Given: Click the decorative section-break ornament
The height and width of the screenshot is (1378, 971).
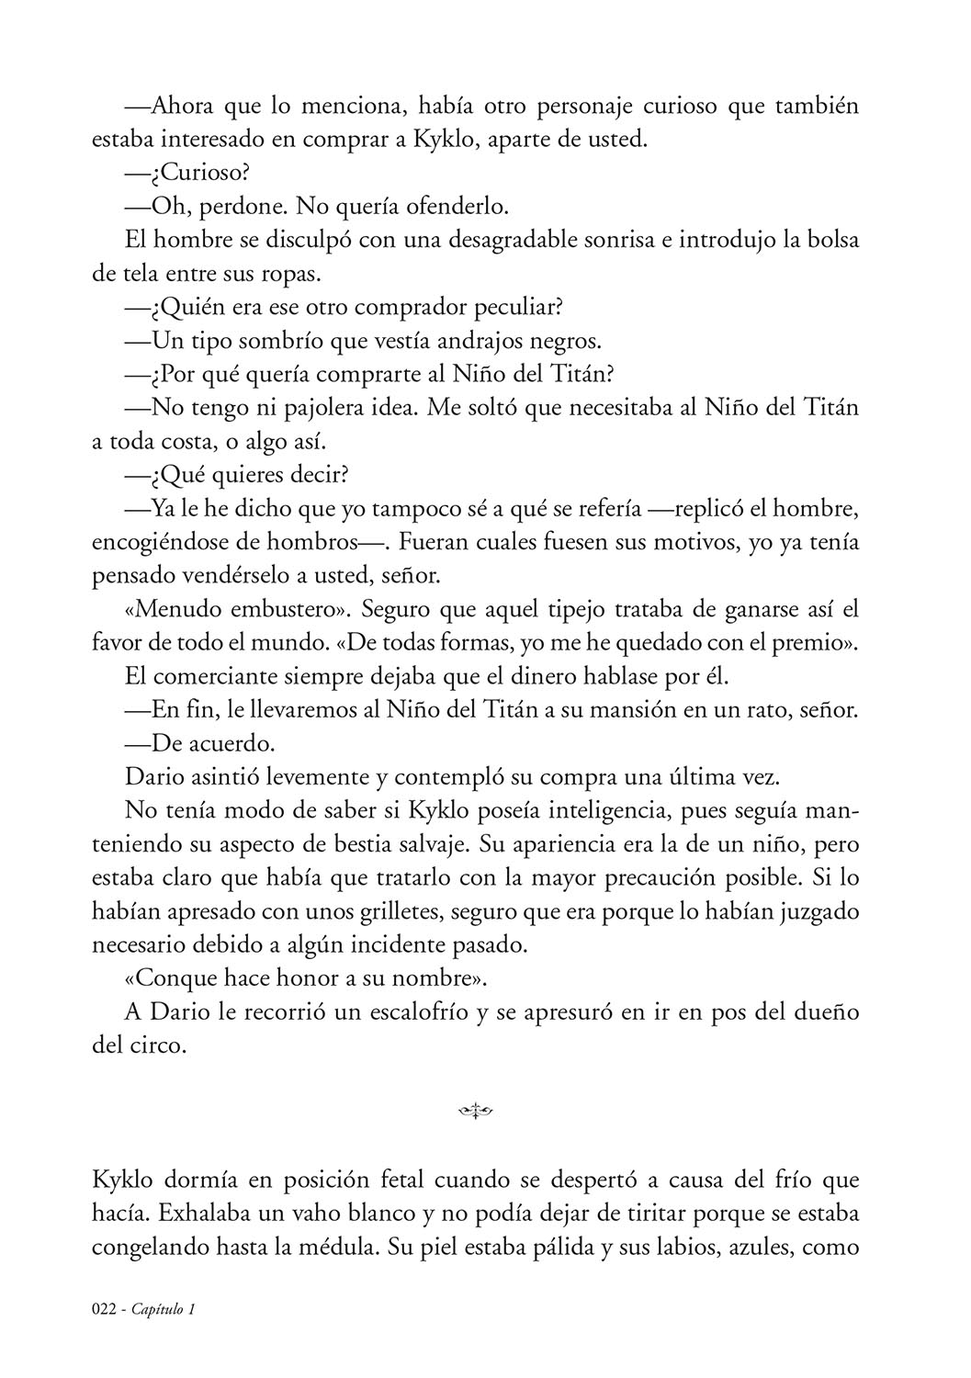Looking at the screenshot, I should coord(476,1113).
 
